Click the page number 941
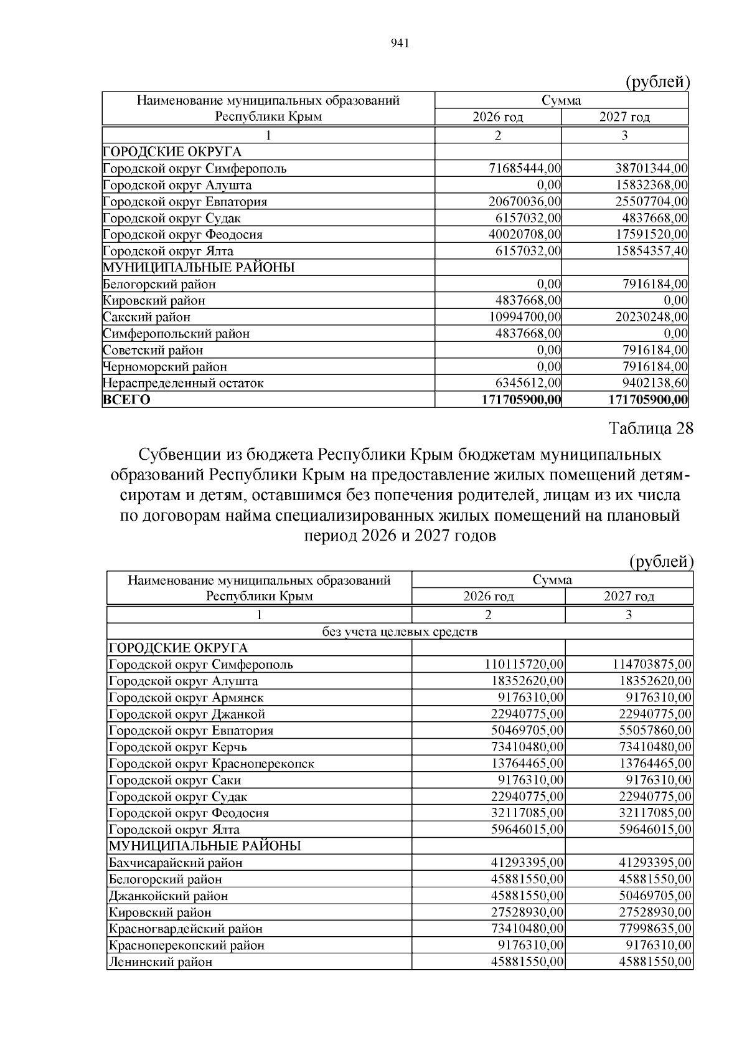[x=399, y=43]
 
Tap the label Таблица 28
[x=651, y=429]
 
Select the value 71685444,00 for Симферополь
[x=525, y=168]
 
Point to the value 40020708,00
[x=525, y=235]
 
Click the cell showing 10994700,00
[x=525, y=317]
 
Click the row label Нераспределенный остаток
[x=183, y=383]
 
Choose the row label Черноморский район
[x=165, y=367]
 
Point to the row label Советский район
[x=153, y=350]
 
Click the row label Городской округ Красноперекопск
[x=212, y=764]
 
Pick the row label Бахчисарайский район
[x=176, y=863]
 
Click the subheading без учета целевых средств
[x=400, y=632]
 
